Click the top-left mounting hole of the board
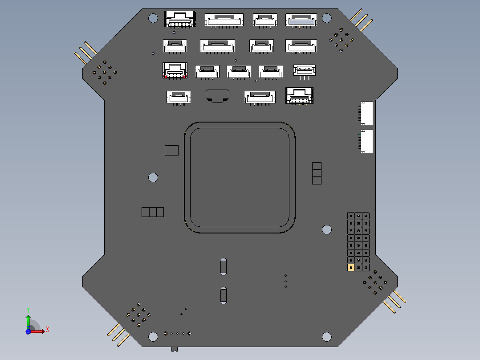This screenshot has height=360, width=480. coord(153,18)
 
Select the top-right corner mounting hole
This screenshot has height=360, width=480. coord(326,18)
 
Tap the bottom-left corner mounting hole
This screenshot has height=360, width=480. coord(153,337)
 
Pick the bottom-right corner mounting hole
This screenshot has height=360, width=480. coord(326,337)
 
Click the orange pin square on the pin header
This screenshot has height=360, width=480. coord(351,267)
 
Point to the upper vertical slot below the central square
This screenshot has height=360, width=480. coord(223,266)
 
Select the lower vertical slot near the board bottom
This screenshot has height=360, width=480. coord(223,295)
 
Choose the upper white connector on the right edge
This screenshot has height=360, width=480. coord(366,113)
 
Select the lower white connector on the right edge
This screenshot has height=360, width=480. coord(366,141)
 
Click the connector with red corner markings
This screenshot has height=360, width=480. coord(175,70)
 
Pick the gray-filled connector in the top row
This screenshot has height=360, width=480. coord(301,20)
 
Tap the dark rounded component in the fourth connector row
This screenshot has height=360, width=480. coord(217,95)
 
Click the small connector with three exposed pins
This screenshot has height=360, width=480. coord(305,71)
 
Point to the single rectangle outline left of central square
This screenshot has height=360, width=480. coord(171,150)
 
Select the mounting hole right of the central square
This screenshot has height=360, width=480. coord(326,229)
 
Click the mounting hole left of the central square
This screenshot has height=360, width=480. coord(153,177)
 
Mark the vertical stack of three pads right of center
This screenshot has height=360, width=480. coord(317,173)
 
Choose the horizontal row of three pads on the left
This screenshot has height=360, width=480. coord(153,212)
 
